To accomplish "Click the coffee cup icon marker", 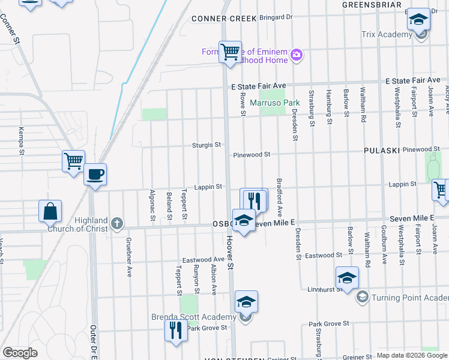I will coord(95,175).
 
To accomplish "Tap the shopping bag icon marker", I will coord(50,212).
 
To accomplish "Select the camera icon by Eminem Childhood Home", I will coord(296,56).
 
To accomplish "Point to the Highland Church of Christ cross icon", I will coord(117,224).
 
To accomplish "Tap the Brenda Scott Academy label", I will coord(202,317).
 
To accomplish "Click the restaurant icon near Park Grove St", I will coord(176,331).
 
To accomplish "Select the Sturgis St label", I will coord(206,145).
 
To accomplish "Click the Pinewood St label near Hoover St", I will coord(252,155).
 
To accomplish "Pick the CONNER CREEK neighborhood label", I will coord(215,19).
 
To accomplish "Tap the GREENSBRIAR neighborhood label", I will coord(371,4).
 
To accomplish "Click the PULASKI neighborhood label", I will coord(381,151).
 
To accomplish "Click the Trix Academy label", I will coord(387,35).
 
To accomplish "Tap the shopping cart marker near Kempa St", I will coord(73,161).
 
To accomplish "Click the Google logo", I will coord(20,353).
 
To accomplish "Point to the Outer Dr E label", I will coord(94,343).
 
